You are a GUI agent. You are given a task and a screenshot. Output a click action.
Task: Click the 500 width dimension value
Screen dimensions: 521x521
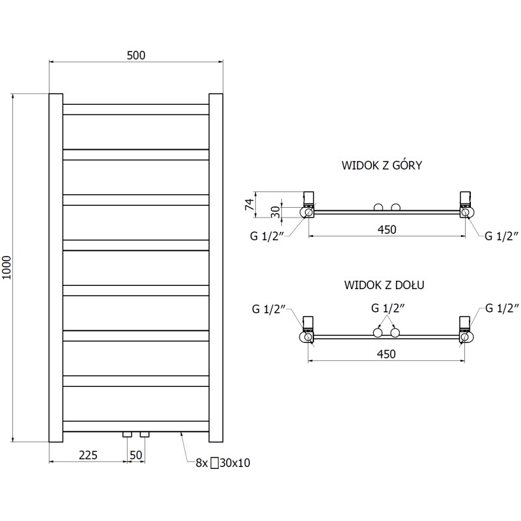135,55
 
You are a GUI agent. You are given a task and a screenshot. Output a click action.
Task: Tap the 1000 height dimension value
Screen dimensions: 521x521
7,267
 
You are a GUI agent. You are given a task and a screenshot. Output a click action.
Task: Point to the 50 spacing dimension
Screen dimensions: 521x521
136,455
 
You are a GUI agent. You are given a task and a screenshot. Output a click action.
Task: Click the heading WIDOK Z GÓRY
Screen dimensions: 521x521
382,165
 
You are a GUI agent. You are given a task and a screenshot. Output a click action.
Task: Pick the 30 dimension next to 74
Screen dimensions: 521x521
276,211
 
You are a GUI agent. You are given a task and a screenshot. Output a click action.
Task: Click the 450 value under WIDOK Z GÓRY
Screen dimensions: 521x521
386,229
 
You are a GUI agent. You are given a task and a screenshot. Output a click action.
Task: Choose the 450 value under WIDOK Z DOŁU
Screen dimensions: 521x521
386,354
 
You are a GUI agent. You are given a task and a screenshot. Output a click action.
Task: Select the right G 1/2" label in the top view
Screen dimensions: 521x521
501,236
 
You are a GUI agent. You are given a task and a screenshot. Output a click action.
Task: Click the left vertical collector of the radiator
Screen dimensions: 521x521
56,267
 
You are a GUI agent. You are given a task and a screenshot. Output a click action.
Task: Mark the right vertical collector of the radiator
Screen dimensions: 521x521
216,267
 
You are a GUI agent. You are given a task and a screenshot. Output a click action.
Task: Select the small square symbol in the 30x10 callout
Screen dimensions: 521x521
214,463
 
